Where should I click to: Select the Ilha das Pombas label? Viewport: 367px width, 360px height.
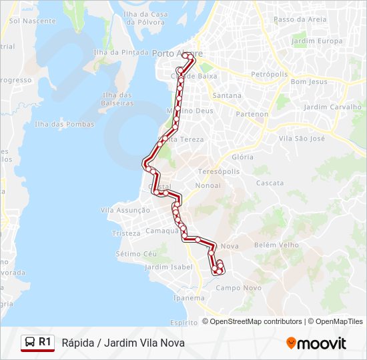coord(64,124)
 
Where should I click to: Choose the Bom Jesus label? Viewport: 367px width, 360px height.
coord(310,81)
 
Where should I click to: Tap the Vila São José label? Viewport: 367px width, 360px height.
coord(302,138)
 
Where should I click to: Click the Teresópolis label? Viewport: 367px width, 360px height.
coord(218,171)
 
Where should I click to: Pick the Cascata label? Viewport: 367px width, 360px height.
coord(270,183)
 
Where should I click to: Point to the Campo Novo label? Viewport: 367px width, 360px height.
coord(238,288)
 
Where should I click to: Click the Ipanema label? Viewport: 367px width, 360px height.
coord(188,298)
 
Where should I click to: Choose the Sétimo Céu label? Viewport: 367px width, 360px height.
coord(136,254)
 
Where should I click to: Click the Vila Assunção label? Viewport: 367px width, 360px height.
coord(125,210)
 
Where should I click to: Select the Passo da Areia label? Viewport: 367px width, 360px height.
coord(300,19)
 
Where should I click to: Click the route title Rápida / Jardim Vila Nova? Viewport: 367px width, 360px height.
coord(123,343)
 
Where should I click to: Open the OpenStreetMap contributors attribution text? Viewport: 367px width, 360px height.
coord(256,321)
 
